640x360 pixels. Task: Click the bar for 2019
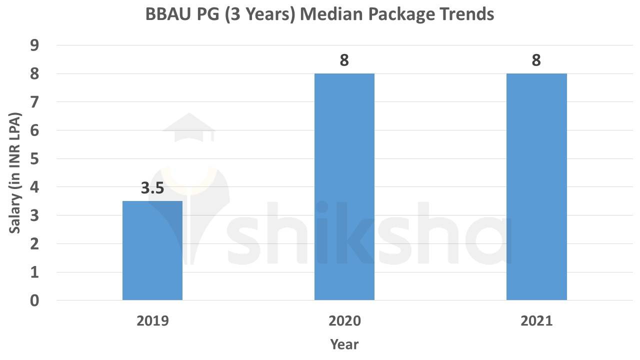[152, 250]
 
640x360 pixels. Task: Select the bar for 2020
[344, 187]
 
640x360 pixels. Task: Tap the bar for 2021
[536, 187]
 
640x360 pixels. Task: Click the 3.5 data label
[152, 189]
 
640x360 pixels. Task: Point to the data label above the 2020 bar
[344, 60]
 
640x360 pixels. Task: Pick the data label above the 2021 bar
[536, 60]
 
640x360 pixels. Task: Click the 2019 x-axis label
[152, 321]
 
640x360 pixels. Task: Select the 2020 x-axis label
[344, 321]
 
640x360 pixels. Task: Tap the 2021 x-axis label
[536, 321]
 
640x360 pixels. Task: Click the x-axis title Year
[344, 344]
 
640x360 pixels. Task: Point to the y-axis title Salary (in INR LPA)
[15, 173]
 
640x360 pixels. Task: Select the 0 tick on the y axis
[34, 300]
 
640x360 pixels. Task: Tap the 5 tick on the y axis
[34, 159]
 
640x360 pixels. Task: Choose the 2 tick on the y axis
[34, 244]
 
